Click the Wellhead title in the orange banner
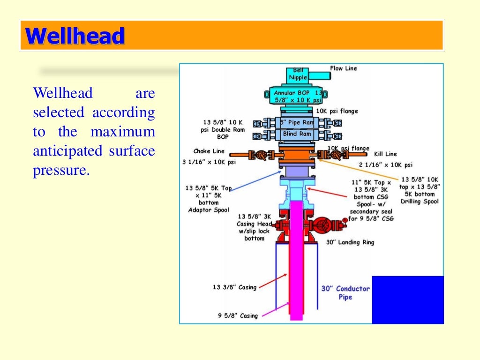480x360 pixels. pyautogui.click(x=75, y=36)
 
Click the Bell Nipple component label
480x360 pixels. pyautogui.click(x=298, y=74)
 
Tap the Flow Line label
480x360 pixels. pyautogui.click(x=343, y=68)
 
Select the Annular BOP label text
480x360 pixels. pyautogui.click(x=298, y=97)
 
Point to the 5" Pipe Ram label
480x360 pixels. pyautogui.click(x=297, y=123)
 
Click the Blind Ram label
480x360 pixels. pyautogui.click(x=296, y=134)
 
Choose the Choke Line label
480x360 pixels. pyautogui.click(x=209, y=151)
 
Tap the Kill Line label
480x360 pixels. pyautogui.click(x=385, y=154)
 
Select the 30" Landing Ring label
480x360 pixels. pyautogui.click(x=350, y=242)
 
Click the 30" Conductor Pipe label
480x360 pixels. pyautogui.click(x=345, y=292)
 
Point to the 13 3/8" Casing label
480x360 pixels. pyautogui.click(x=234, y=287)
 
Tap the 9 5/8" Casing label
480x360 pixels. pyautogui.click(x=238, y=316)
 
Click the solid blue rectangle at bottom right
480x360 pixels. pyautogui.click(x=407, y=300)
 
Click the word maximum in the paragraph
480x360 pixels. pyautogui.click(x=123, y=132)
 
